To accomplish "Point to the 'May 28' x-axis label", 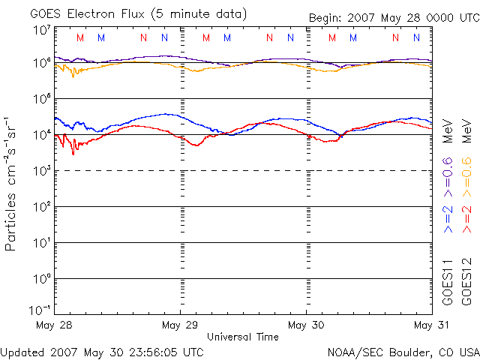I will point(54,325).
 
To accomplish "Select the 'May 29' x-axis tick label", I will point(181,325).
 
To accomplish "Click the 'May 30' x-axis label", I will point(307,325).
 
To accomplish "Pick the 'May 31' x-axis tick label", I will point(431,325).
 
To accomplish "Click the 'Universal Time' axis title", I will point(243,337).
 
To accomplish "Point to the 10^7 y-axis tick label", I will point(41,31).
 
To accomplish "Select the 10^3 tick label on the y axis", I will point(41,170).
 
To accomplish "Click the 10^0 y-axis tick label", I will point(41,278).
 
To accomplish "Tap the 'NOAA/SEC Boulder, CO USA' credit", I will point(403,351).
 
